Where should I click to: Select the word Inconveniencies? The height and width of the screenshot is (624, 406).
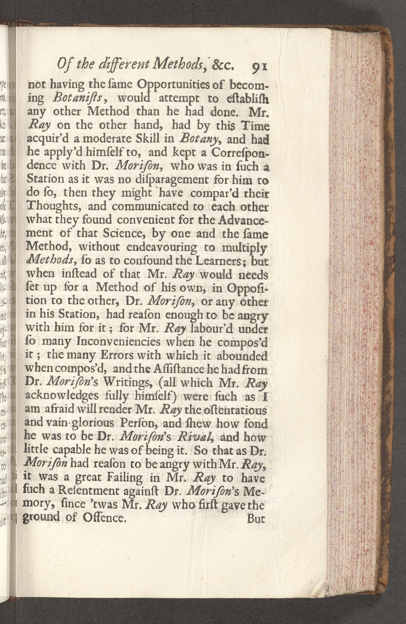coord(116,342)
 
